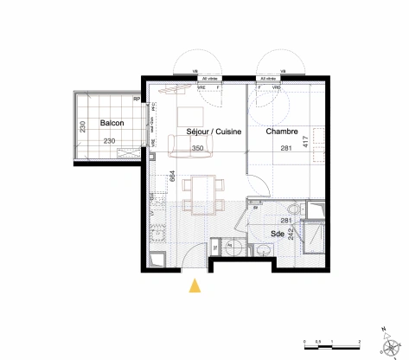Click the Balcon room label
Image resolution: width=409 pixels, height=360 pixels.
pyautogui.click(x=111, y=123)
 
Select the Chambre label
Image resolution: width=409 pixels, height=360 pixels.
pyautogui.click(x=282, y=132)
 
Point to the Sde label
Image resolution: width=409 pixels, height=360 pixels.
pyautogui.click(x=278, y=234)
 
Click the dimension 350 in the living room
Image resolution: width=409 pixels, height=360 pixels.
pyautogui.click(x=197, y=148)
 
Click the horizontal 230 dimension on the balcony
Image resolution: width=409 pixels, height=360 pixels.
pyautogui.click(x=110, y=141)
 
